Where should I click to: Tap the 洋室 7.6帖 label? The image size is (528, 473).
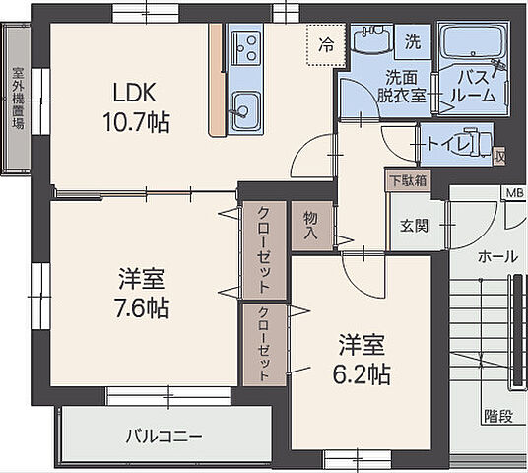[142, 294]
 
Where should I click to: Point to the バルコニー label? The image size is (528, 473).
[164, 435]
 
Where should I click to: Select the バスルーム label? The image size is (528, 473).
[469, 87]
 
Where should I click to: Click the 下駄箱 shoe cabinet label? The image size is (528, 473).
[407, 180]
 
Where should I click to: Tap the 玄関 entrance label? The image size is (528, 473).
[414, 226]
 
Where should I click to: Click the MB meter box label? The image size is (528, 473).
[514, 192]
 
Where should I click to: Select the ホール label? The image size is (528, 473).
[496, 256]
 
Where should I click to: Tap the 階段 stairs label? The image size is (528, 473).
[497, 416]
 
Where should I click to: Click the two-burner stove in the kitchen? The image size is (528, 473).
[244, 45]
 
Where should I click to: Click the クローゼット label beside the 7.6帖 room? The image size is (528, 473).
[264, 249]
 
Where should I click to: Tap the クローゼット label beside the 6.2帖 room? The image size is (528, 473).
[264, 345]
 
